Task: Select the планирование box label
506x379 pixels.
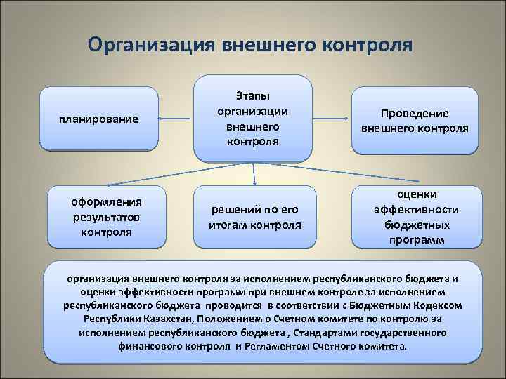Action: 98,119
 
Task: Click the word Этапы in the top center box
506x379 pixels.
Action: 252,95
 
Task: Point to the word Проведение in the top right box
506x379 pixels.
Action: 414,114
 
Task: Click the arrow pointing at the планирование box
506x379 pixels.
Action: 163,119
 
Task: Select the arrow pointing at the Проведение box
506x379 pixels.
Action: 346,120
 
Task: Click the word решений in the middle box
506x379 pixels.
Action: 235,210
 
